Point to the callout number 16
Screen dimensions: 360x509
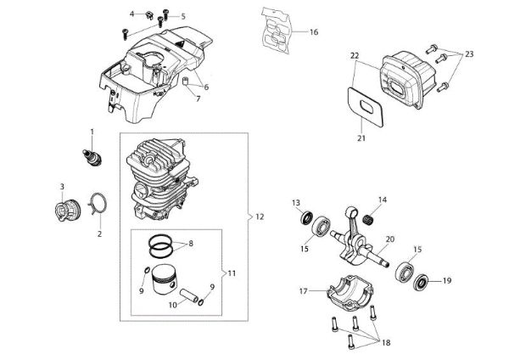click(313, 32)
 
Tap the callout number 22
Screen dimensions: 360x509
click(355, 56)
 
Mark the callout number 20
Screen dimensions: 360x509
click(389, 239)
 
